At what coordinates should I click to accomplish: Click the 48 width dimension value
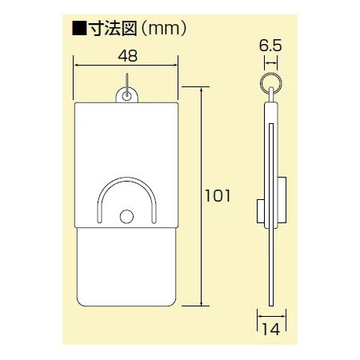[127, 56]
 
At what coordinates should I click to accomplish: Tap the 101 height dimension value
[217, 195]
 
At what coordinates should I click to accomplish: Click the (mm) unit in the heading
[166, 30]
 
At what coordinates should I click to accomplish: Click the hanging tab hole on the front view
[127, 96]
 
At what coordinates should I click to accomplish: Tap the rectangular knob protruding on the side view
[262, 213]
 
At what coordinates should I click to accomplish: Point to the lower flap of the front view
[126, 264]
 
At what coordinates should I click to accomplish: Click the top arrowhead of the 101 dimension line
[201, 89]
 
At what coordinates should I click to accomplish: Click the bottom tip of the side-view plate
[272, 302]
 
